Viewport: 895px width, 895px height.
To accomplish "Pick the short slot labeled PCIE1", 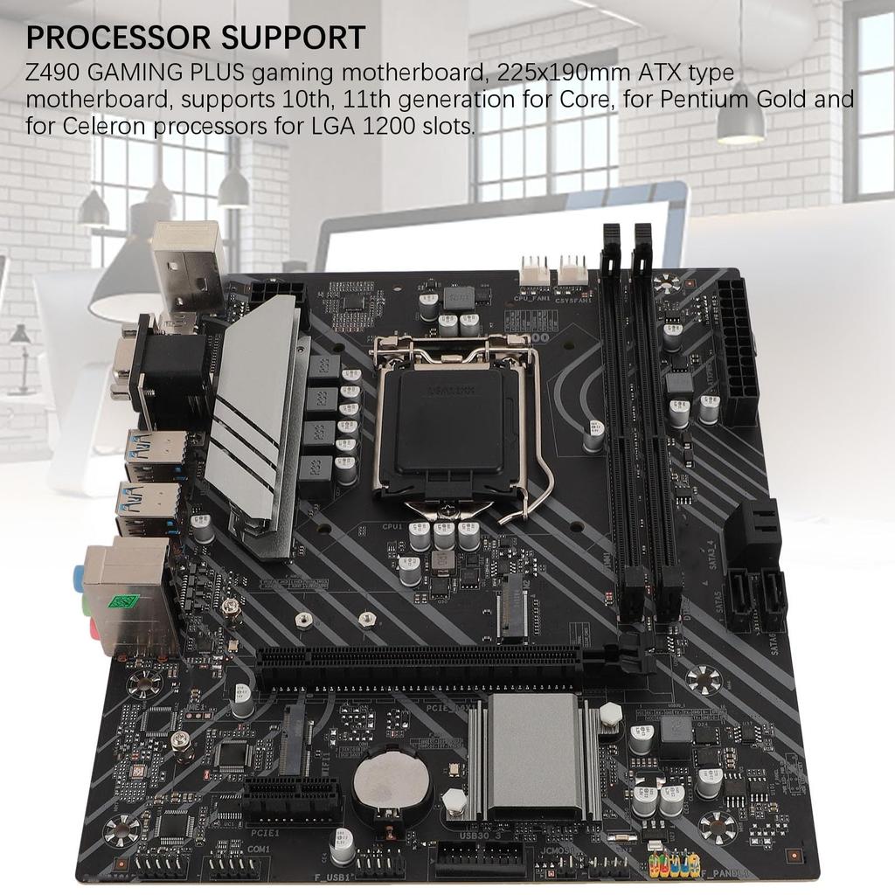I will click(x=293, y=796).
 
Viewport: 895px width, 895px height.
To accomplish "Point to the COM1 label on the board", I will click(x=259, y=849).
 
